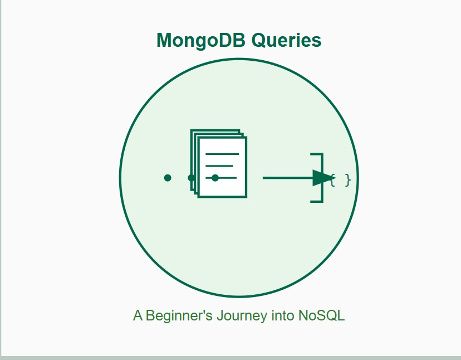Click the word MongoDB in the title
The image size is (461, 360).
click(x=201, y=40)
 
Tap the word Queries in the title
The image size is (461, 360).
click(x=286, y=40)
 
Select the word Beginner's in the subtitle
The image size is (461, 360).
click(x=179, y=315)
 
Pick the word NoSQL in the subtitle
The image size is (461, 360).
click(x=321, y=315)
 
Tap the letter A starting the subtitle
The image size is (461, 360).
click(x=138, y=315)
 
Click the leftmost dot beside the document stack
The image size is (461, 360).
click(x=168, y=178)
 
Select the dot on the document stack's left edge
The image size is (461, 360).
click(x=192, y=178)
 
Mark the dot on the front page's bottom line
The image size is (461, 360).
click(x=215, y=178)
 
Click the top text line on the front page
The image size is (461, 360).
click(x=222, y=154)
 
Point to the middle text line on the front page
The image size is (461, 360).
click(x=219, y=166)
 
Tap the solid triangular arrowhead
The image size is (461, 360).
click(x=323, y=178)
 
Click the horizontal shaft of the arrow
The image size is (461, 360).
click(x=288, y=178)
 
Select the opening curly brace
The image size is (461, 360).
click(x=333, y=180)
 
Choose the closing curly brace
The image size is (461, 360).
click(x=348, y=180)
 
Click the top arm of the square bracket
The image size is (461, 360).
click(x=317, y=154)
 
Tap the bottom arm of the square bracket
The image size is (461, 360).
click(x=317, y=202)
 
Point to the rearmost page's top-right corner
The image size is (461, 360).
click(x=240, y=129)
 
